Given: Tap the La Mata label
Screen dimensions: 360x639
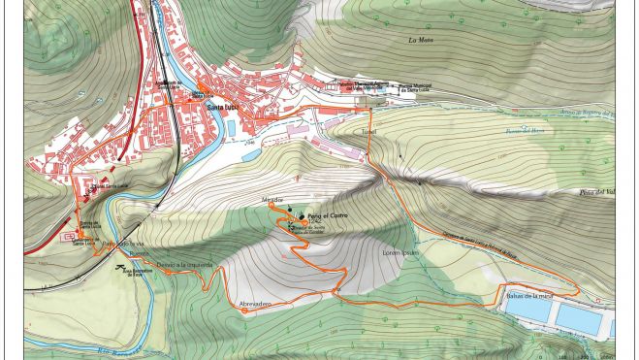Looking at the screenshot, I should [x=419, y=40].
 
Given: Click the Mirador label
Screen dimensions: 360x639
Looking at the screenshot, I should [x=272, y=199].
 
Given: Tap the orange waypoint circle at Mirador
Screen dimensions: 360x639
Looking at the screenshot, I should [x=272, y=207].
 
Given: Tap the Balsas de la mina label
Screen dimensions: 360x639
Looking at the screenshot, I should [x=530, y=295].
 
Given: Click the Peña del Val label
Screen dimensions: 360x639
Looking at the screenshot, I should [x=597, y=191].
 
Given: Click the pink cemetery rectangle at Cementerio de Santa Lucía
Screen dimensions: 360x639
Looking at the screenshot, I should [x=70, y=235].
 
